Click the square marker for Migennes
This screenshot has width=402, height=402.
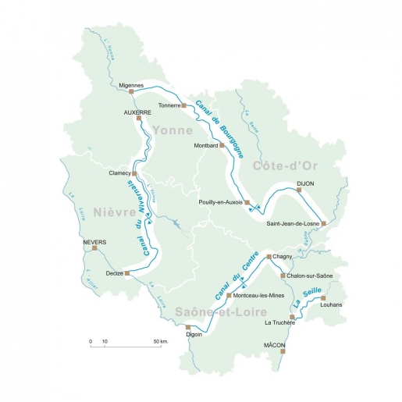pos(131,91)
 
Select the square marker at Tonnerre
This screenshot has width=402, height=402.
pos(185,105)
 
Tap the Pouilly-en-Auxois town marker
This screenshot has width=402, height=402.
pos(247,202)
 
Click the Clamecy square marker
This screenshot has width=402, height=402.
pos(134,173)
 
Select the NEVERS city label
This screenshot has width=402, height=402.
pos(94,242)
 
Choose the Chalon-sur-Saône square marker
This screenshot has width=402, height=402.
pos(283,276)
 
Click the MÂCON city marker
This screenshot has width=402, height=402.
pos(283,351)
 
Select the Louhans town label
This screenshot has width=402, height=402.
pos(332,306)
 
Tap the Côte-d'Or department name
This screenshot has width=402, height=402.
pos(280,168)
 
